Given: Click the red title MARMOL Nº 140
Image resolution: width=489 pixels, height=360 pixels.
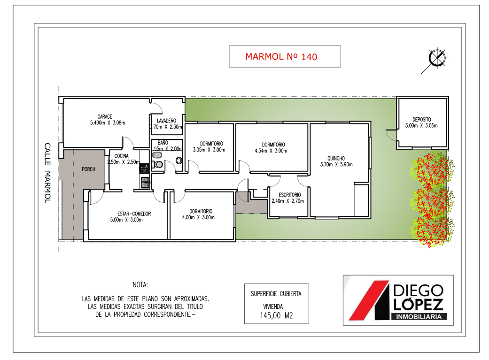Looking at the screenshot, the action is click(x=281, y=57).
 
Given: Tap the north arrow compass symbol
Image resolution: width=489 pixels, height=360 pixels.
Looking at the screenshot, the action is click(x=436, y=58).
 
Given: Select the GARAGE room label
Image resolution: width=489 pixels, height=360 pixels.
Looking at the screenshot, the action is click(x=104, y=116).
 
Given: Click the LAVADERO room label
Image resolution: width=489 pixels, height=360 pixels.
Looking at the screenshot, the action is click(x=166, y=121).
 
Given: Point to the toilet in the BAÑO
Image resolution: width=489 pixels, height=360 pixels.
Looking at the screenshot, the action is click(x=158, y=164).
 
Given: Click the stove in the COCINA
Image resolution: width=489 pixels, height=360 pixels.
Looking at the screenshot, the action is click(x=144, y=169).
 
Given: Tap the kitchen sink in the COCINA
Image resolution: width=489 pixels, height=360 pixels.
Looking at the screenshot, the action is click(x=145, y=182).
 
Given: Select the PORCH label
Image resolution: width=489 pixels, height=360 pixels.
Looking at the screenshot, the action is click(x=88, y=169).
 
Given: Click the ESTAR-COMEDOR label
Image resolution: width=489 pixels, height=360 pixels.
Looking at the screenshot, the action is click(x=134, y=214).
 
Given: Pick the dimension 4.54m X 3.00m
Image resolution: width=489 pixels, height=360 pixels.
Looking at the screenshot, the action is click(x=271, y=151).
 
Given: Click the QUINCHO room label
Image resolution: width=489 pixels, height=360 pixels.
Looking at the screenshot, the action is click(x=336, y=158).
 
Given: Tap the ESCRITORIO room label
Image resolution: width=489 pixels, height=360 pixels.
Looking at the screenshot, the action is click(x=290, y=195).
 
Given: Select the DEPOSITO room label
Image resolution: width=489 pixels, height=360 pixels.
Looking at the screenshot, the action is click(x=422, y=119).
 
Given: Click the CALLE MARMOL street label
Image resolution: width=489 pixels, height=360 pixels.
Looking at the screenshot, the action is click(x=47, y=173).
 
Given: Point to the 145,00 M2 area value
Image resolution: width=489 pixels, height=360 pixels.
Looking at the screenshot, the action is click(x=276, y=316).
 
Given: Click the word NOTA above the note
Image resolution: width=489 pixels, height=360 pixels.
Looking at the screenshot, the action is click(x=140, y=285).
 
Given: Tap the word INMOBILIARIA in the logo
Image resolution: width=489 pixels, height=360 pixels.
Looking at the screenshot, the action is click(x=419, y=317).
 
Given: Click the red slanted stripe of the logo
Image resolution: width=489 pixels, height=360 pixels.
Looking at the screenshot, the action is click(x=369, y=300).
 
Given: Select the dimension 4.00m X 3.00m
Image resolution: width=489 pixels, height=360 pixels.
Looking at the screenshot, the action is click(x=198, y=218).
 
